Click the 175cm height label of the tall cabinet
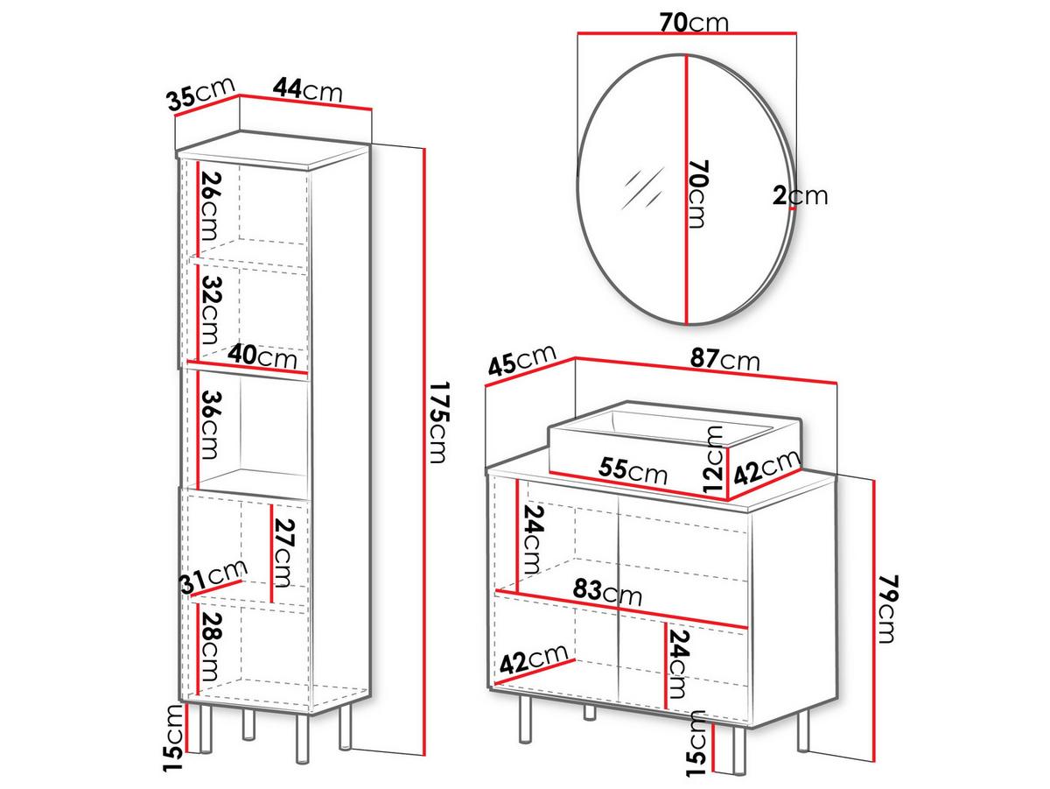coord(438,422)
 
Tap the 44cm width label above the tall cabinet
coord(308,89)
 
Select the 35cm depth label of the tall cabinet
coord(201,94)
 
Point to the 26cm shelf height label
coord(210,206)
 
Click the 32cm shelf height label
coord(210,310)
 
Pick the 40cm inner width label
coord(262,356)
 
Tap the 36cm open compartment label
coord(210,425)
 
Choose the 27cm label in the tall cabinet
coord(283,553)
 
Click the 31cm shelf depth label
coord(213,577)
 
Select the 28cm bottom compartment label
coord(210,647)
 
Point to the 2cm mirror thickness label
coord(800,196)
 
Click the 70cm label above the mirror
coord(694,22)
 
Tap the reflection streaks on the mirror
coord(643,188)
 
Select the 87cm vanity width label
coord(724,359)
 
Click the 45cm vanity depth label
coord(521,360)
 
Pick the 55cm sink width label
coord(633,469)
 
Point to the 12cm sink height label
coord(713,459)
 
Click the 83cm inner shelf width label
coord(607,593)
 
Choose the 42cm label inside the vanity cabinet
coord(534,659)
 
